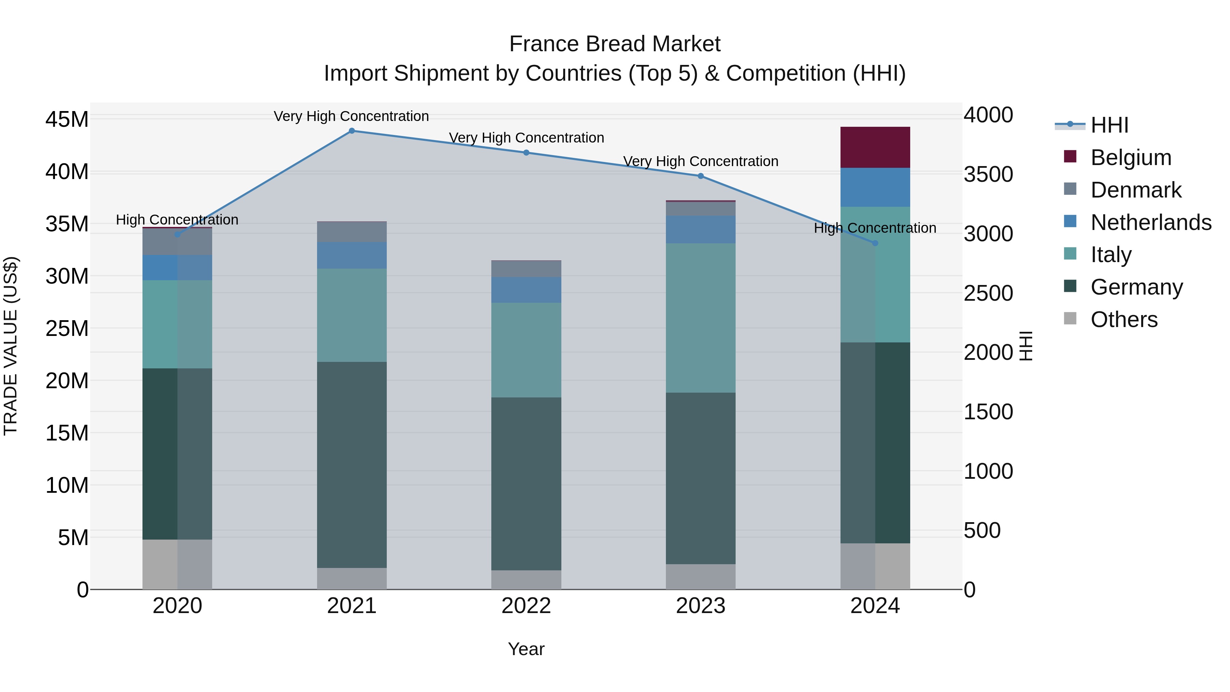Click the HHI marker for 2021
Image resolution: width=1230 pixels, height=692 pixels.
(x=352, y=131)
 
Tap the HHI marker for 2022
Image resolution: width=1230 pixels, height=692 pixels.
(x=526, y=153)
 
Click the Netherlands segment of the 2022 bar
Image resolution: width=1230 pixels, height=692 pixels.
(x=526, y=290)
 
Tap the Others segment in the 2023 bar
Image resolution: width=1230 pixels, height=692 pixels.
(x=700, y=576)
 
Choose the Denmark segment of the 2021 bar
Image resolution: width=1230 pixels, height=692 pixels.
(x=352, y=232)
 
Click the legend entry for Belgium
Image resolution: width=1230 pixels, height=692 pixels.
(x=1131, y=158)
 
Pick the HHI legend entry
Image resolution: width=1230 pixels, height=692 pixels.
(x=1109, y=125)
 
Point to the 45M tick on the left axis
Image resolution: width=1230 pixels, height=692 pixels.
(x=67, y=119)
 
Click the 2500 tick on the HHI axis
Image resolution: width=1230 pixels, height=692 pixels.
(x=988, y=293)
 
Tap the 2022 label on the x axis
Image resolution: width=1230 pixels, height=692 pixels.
(x=526, y=606)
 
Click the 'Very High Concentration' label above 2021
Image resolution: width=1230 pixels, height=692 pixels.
(x=352, y=116)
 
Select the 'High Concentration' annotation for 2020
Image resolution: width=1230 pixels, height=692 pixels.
(x=177, y=220)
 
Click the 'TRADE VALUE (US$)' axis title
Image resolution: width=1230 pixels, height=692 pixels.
(x=11, y=346)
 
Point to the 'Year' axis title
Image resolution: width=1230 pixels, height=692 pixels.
(x=526, y=649)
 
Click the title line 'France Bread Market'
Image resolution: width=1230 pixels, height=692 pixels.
(x=615, y=44)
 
